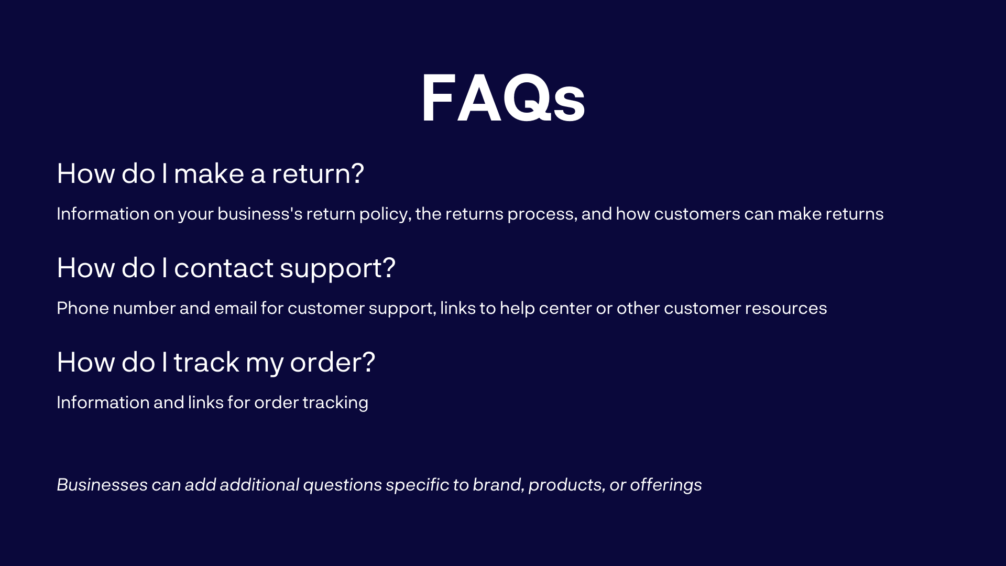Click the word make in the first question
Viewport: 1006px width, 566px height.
[209, 173]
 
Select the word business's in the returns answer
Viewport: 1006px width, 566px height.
[260, 214]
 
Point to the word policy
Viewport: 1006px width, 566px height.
[385, 214]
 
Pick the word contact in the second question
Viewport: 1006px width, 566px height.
[224, 268]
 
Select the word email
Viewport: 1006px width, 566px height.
[235, 308]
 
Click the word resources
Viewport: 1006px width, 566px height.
[785, 308]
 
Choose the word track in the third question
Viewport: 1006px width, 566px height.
[206, 362]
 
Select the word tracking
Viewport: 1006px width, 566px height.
[335, 403]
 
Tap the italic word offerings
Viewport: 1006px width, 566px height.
[665, 485]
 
